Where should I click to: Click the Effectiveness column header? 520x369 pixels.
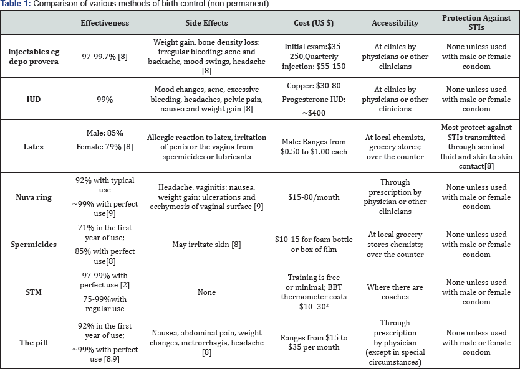pyautogui.click(x=105, y=23)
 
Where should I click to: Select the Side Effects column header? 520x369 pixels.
pyautogui.click(x=206, y=23)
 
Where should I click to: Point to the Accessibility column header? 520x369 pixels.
pyautogui.click(x=395, y=23)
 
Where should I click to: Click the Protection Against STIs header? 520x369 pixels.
pyautogui.click(x=476, y=23)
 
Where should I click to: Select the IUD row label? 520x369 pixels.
pyautogui.click(x=34, y=100)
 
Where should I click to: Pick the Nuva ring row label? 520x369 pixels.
pyautogui.click(x=34, y=197)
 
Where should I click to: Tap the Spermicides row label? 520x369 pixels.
pyautogui.click(x=34, y=245)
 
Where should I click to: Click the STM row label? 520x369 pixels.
pyautogui.click(x=34, y=292)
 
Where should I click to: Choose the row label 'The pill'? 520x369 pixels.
pyautogui.click(x=34, y=342)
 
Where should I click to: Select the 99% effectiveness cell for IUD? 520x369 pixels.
pyautogui.click(x=105, y=100)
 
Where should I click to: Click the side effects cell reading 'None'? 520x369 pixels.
pyautogui.click(x=206, y=292)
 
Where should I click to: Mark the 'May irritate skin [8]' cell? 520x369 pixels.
pyautogui.click(x=206, y=245)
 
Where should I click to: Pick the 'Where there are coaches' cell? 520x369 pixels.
pyautogui.click(x=395, y=292)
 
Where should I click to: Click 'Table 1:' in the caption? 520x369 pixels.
pyautogui.click(x=17, y=4)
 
